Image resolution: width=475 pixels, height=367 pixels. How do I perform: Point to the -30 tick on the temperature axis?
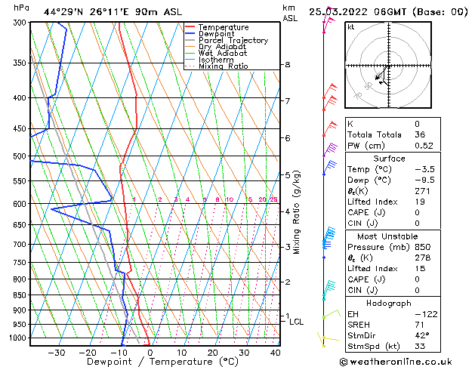[57, 352]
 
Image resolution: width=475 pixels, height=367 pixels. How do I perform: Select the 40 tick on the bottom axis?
[275, 352]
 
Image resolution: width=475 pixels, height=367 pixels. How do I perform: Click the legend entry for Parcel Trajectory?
[233, 40]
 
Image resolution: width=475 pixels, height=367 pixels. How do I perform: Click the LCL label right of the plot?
[296, 322]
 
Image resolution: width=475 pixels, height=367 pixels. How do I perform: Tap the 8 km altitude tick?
[287, 65]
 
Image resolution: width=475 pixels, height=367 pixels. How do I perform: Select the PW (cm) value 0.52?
[421, 146]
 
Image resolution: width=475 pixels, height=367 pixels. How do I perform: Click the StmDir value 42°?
[421, 336]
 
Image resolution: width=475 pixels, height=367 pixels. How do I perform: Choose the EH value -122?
[424, 313]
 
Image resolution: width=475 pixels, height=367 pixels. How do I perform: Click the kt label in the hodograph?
[350, 27]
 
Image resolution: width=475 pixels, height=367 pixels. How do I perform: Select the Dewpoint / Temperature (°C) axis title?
[152, 362]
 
